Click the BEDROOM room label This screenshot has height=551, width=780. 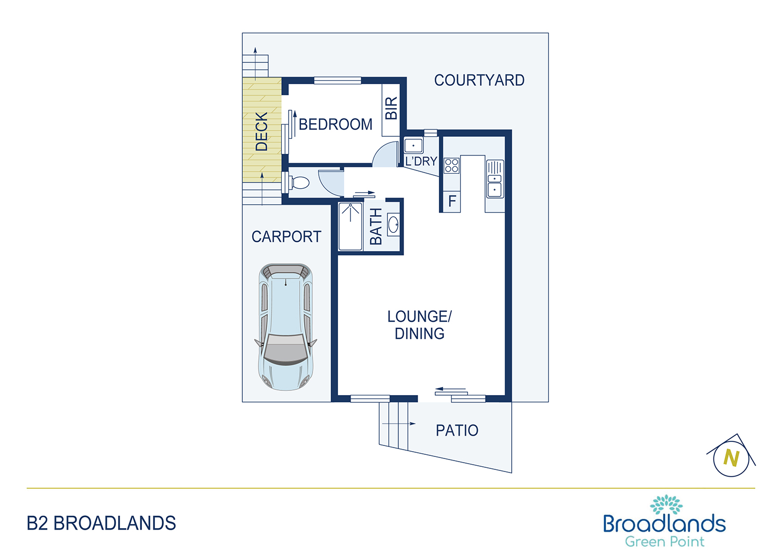[335, 124]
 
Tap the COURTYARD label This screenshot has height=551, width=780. [479, 80]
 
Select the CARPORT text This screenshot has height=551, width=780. [286, 237]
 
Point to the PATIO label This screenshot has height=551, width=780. [457, 430]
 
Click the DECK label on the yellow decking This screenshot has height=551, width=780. [262, 132]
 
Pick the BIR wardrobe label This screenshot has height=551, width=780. [392, 108]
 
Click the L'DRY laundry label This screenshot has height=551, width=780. [421, 161]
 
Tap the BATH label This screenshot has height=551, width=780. [376, 227]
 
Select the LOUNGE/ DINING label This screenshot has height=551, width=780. [419, 325]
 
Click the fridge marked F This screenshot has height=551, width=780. [452, 201]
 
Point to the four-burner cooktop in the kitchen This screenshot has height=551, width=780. [452, 165]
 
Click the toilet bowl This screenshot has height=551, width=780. [299, 182]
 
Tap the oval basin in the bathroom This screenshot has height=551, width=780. [394, 225]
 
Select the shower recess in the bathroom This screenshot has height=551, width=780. [350, 226]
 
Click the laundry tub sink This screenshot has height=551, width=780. [413, 146]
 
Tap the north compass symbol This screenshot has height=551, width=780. [731, 456]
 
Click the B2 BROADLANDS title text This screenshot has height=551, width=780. [101, 523]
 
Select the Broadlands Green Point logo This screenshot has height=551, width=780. [665, 521]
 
